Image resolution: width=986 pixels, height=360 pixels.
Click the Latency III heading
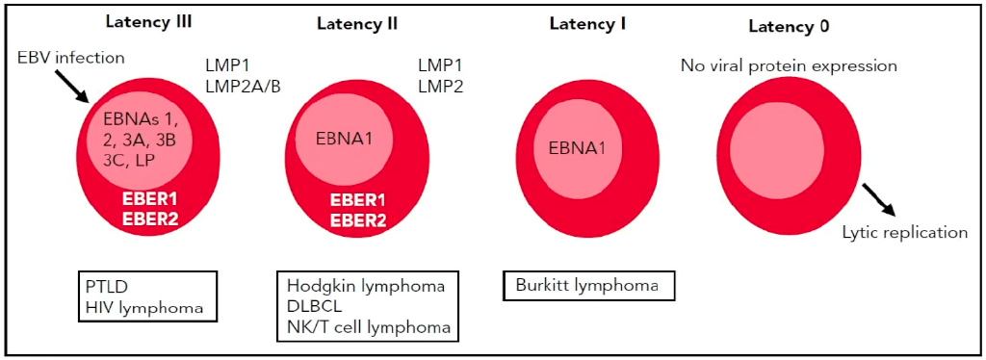(149, 23)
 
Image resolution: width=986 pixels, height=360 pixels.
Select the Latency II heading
(357, 24)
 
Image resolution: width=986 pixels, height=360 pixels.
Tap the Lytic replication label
(905, 233)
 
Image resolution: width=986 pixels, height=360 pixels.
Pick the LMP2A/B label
(243, 86)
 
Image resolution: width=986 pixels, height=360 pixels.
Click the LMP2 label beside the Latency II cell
(440, 87)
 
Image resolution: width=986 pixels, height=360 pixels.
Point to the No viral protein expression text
(789, 66)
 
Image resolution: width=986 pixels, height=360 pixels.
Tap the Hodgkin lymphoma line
(366, 287)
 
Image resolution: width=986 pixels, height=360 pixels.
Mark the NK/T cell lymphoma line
(369, 328)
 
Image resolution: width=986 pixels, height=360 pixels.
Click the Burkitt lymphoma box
(589, 286)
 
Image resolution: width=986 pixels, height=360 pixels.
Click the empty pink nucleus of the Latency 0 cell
(778, 145)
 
